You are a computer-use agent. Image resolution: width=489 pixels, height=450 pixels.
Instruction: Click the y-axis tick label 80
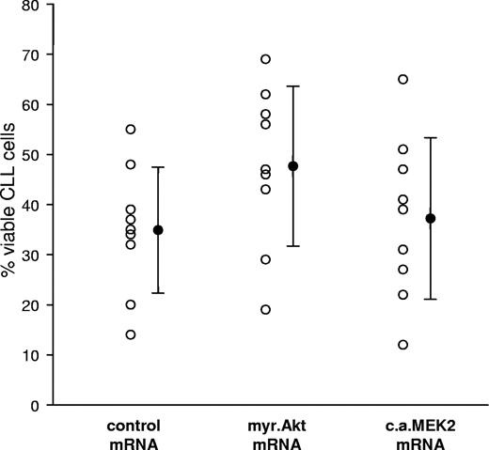(x=34, y=7)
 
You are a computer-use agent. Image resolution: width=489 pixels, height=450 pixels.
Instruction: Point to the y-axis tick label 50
(x=34, y=155)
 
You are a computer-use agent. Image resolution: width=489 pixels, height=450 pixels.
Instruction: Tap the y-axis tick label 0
(x=39, y=406)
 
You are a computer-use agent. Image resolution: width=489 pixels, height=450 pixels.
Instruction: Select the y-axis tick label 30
(x=34, y=256)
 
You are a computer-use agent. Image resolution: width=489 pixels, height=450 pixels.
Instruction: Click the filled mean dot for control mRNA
(x=158, y=230)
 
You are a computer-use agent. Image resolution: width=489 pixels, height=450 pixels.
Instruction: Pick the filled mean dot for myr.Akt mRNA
(x=292, y=166)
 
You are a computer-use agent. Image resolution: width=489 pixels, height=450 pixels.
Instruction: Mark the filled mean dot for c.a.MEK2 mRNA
(x=431, y=219)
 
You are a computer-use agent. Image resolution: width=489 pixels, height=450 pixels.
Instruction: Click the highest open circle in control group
(x=131, y=129)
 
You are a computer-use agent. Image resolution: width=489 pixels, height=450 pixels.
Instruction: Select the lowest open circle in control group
(x=131, y=334)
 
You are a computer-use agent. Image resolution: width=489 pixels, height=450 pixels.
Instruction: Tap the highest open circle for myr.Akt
(x=265, y=59)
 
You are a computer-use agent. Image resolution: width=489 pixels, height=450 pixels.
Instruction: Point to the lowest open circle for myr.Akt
(x=265, y=310)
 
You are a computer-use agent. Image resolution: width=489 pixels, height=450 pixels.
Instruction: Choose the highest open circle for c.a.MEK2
(x=403, y=79)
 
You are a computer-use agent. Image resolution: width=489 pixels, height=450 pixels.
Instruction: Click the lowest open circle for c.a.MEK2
(x=403, y=345)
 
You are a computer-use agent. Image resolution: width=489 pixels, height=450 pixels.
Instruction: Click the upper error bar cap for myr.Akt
(x=292, y=86)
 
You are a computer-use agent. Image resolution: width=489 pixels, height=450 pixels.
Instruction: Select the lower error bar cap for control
(x=158, y=293)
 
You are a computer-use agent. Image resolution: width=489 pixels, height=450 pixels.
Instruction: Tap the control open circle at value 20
(x=131, y=304)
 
